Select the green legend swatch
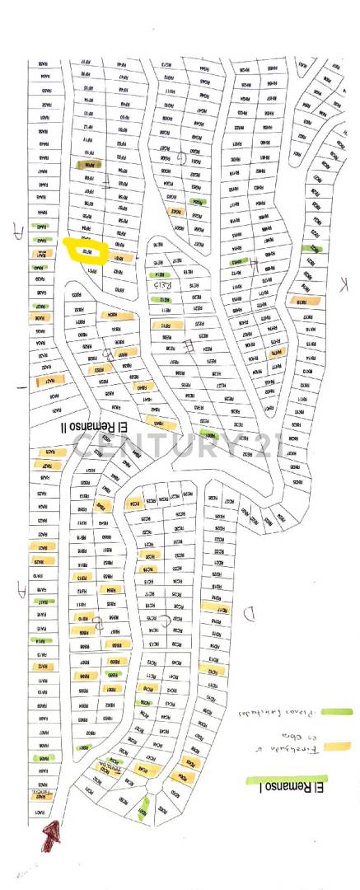pos(337,711)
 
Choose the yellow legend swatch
pos(337,747)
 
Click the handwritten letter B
pos(100,624)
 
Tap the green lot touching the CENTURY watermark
pos(209,433)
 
